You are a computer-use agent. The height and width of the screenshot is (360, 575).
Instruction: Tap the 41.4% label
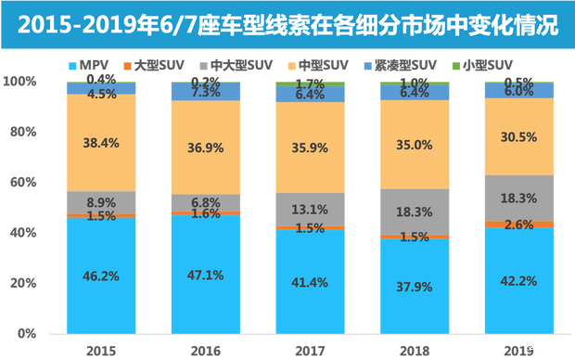(x=311, y=281)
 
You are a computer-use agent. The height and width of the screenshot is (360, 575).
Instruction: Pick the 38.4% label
(x=102, y=144)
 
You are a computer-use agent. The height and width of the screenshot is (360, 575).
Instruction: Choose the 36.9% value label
(x=206, y=148)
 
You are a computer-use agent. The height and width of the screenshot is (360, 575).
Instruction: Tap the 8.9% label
(x=102, y=202)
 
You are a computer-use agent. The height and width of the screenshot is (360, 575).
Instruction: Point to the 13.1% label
(x=311, y=209)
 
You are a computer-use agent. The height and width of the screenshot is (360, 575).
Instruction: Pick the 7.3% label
(x=206, y=92)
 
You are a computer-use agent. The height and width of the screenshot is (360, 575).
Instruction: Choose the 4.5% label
(x=102, y=94)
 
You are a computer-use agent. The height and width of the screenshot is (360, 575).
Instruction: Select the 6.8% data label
(x=206, y=201)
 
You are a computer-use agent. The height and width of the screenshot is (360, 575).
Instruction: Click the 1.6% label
(x=206, y=214)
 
